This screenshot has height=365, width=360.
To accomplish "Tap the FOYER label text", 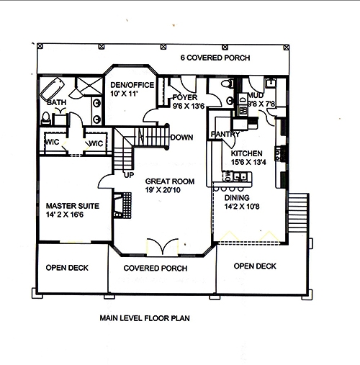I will click(x=184, y=96).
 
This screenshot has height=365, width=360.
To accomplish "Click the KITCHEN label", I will click(x=246, y=153).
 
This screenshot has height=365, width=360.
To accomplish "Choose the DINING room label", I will click(x=237, y=197).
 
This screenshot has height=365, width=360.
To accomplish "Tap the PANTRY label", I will click(x=224, y=135).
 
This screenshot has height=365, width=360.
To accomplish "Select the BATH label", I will click(x=56, y=102).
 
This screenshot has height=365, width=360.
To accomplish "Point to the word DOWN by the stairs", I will click(x=181, y=137).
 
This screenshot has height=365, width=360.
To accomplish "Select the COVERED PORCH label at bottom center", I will click(x=155, y=268).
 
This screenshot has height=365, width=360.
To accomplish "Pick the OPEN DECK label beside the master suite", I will click(x=67, y=268).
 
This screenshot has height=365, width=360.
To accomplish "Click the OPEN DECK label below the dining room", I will click(x=255, y=266).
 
